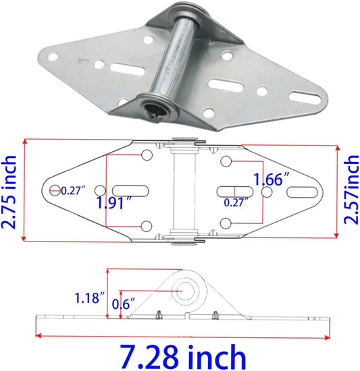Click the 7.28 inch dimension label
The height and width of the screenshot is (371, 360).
point(183,358)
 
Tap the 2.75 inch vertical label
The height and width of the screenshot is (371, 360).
point(9,192)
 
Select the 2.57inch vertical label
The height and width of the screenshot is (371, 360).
point(351,190)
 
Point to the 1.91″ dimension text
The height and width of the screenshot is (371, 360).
point(114,203)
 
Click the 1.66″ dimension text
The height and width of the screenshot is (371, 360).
point(272,179)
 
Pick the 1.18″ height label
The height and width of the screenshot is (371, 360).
point(90,298)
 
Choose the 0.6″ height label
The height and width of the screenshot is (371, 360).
point(123,304)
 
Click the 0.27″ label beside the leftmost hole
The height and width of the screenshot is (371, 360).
point(73,190)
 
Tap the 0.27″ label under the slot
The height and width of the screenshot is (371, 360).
point(236,202)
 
